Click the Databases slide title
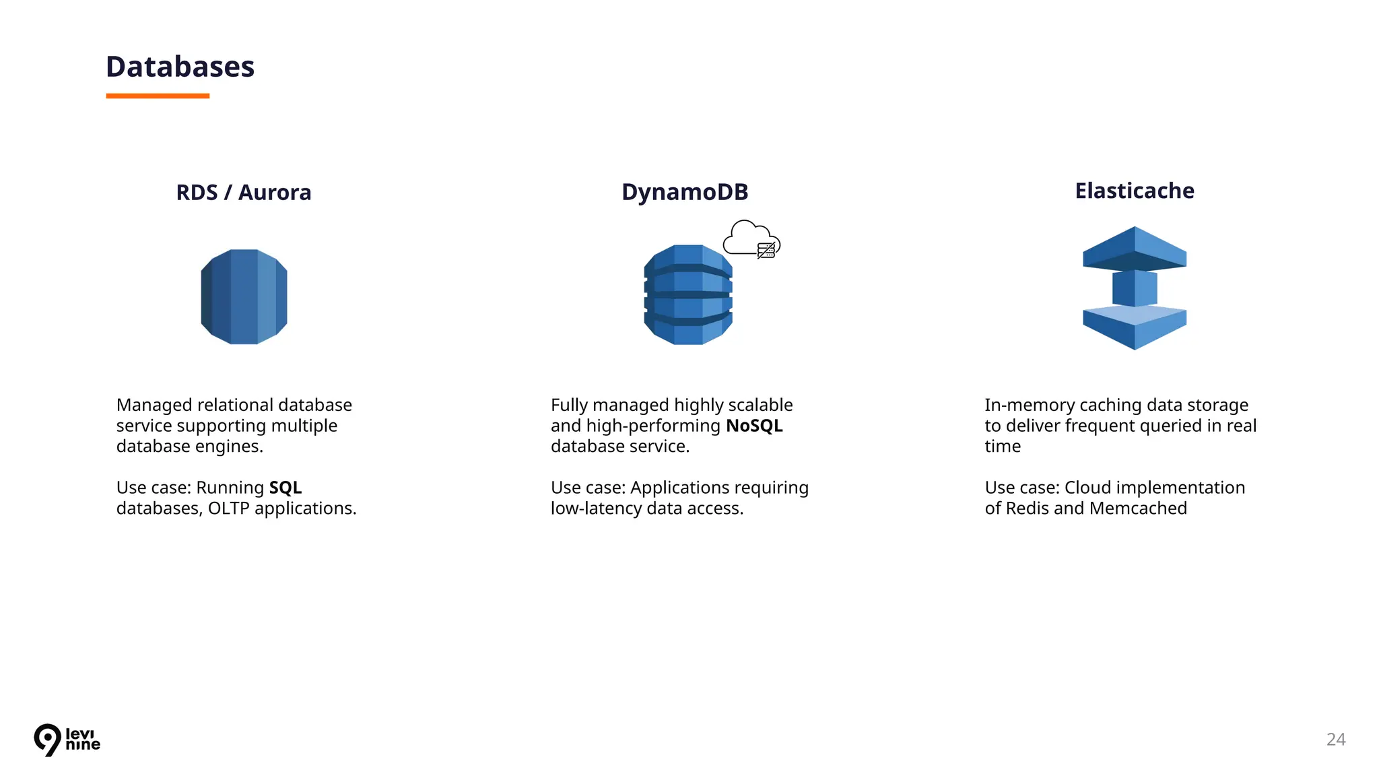pos(180,67)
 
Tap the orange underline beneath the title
pos(158,96)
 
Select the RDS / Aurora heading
pos(243,193)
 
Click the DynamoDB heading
pos(685,192)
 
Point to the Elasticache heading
pos(1135,191)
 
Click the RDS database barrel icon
pos(244,297)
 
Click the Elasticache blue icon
pos(1135,288)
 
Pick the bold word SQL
pos(285,488)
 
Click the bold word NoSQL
pos(754,426)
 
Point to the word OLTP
pos(228,509)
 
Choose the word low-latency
pos(596,509)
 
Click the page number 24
pos(1336,740)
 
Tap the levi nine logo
pos(67,740)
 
